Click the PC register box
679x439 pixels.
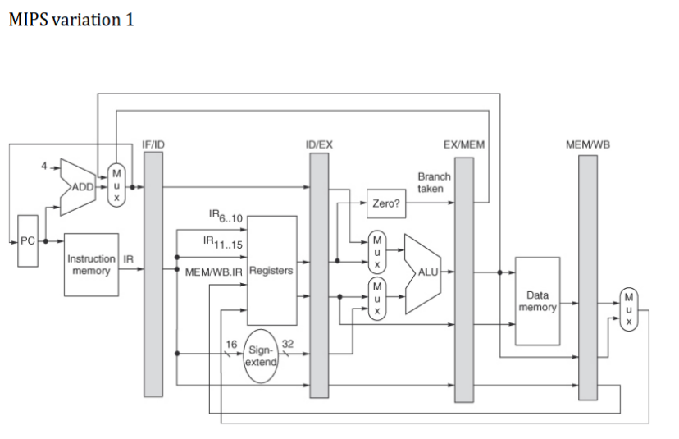pyautogui.click(x=29, y=242)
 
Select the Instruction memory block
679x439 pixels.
pyautogui.click(x=91, y=264)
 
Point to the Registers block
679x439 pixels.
pyautogui.click(x=271, y=270)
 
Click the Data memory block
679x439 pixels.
pyautogui.click(x=537, y=300)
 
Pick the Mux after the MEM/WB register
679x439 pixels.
pyautogui.click(x=629, y=309)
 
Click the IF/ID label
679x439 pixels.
pyautogui.click(x=154, y=144)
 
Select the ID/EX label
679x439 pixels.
pyautogui.click(x=319, y=144)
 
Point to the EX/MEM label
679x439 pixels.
pyautogui.click(x=463, y=144)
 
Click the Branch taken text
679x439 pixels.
pyautogui.click(x=434, y=182)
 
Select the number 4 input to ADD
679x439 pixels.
pyautogui.click(x=46, y=167)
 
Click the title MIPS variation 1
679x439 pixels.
pyautogui.click(x=71, y=19)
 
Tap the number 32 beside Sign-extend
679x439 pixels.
pyautogui.click(x=288, y=344)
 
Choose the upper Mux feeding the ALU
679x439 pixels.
pyautogui.click(x=377, y=248)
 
